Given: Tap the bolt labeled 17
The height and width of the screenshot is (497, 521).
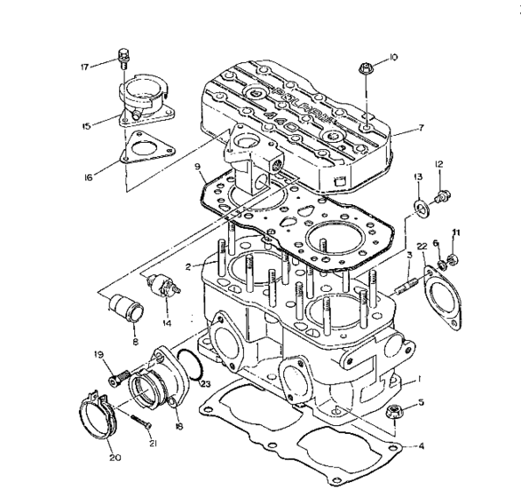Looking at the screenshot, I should point(123,62).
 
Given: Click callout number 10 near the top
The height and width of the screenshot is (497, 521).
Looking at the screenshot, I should point(393,58).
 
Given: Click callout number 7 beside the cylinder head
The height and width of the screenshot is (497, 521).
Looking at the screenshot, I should point(422,128).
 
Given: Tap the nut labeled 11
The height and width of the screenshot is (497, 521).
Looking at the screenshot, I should point(451,259).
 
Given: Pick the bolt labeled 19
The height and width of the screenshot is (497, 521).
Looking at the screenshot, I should point(113,380).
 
